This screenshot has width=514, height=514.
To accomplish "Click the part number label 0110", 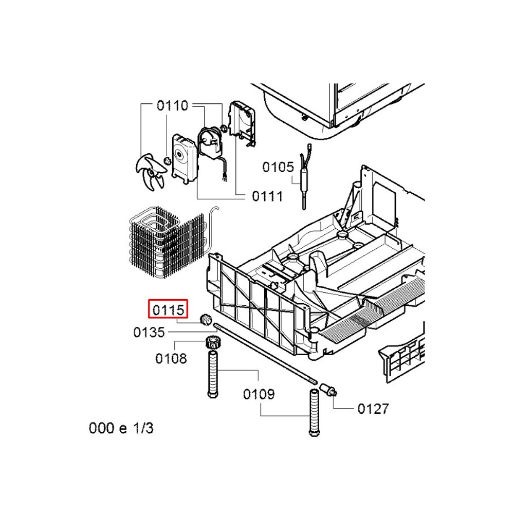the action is (172, 106).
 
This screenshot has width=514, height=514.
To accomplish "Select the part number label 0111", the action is (267, 196).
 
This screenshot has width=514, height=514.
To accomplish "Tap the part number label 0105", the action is (278, 167).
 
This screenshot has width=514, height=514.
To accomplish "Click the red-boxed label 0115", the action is (168, 309).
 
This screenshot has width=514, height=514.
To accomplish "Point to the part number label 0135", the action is (149, 333).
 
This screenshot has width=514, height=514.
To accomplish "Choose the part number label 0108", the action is (171, 359).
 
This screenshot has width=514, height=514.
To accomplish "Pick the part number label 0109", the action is (259, 394).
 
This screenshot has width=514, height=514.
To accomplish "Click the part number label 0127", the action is (373, 409).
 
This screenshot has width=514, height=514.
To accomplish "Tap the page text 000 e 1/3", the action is (121, 429).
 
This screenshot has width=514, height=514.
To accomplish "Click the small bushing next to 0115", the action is (206, 319).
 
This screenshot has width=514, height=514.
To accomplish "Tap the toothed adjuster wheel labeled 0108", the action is (213, 343).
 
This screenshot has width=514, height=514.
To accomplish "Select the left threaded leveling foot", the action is (213, 374).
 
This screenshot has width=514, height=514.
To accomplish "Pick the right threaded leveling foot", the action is (314, 412).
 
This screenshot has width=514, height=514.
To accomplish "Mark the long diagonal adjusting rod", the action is (265, 354).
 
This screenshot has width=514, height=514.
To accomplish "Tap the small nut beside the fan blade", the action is (167, 160).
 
